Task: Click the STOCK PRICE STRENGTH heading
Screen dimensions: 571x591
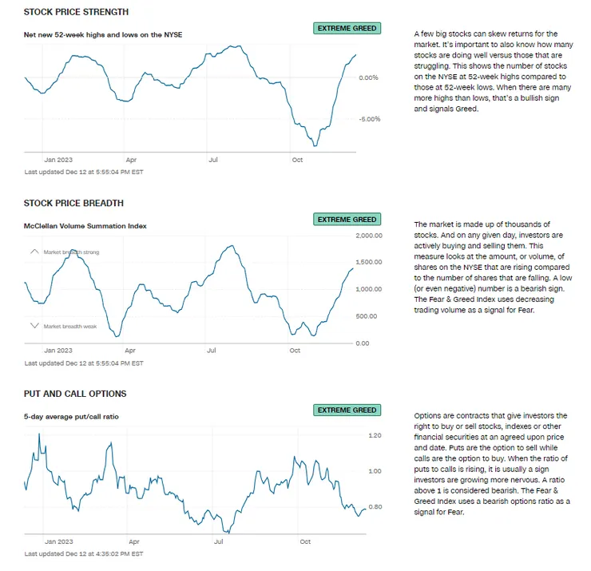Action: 77,12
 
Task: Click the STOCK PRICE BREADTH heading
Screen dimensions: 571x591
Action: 73,203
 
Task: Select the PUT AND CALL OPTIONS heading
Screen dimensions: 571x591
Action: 75,394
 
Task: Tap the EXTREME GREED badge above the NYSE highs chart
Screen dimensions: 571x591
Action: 347,28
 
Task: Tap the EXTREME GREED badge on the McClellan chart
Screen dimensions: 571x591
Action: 347,219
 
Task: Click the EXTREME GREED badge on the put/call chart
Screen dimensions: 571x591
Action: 347,410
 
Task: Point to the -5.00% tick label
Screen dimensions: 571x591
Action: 368,119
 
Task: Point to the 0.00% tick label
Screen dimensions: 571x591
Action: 369,77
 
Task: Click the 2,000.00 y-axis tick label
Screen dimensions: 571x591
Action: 369,236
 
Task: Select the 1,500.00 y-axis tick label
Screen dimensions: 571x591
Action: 369,262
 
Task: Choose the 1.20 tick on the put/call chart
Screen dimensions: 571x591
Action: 375,435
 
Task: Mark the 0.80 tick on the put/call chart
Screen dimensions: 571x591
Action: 375,507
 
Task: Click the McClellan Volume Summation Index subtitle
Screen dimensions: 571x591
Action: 85,226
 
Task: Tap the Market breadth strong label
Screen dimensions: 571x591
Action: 71,252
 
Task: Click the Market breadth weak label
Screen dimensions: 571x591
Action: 69,326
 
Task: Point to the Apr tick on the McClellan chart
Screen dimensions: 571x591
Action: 129,351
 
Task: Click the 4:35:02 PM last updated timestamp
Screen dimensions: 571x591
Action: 84,553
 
